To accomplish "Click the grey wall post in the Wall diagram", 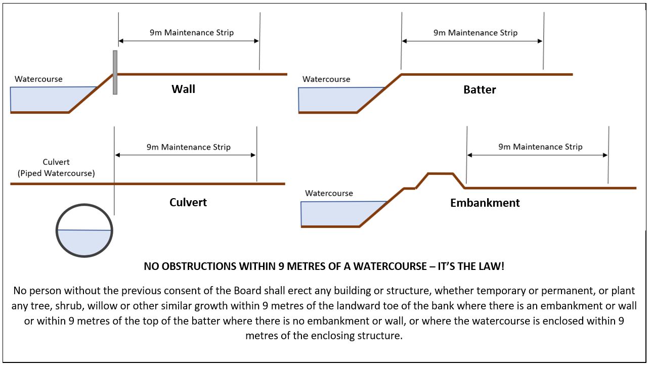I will point(115,72).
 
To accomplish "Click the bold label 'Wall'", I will point(183,89).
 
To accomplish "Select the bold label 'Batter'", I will point(480,90).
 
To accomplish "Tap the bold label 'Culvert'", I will point(188,203).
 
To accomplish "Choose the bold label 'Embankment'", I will point(485,203).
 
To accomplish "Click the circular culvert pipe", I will point(84,207).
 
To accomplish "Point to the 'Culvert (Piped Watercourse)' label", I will point(56,168).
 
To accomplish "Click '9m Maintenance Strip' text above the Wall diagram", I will point(191,32).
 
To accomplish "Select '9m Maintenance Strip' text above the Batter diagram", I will point(475,32).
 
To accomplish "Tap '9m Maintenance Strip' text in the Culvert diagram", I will point(188,147).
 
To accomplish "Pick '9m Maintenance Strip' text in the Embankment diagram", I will point(540,147).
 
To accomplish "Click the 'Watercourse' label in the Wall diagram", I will point(38,79).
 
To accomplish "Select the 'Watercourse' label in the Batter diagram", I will point(326,79).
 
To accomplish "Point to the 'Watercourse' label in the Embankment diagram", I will point(329,193).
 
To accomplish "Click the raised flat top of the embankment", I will point(440,174).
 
